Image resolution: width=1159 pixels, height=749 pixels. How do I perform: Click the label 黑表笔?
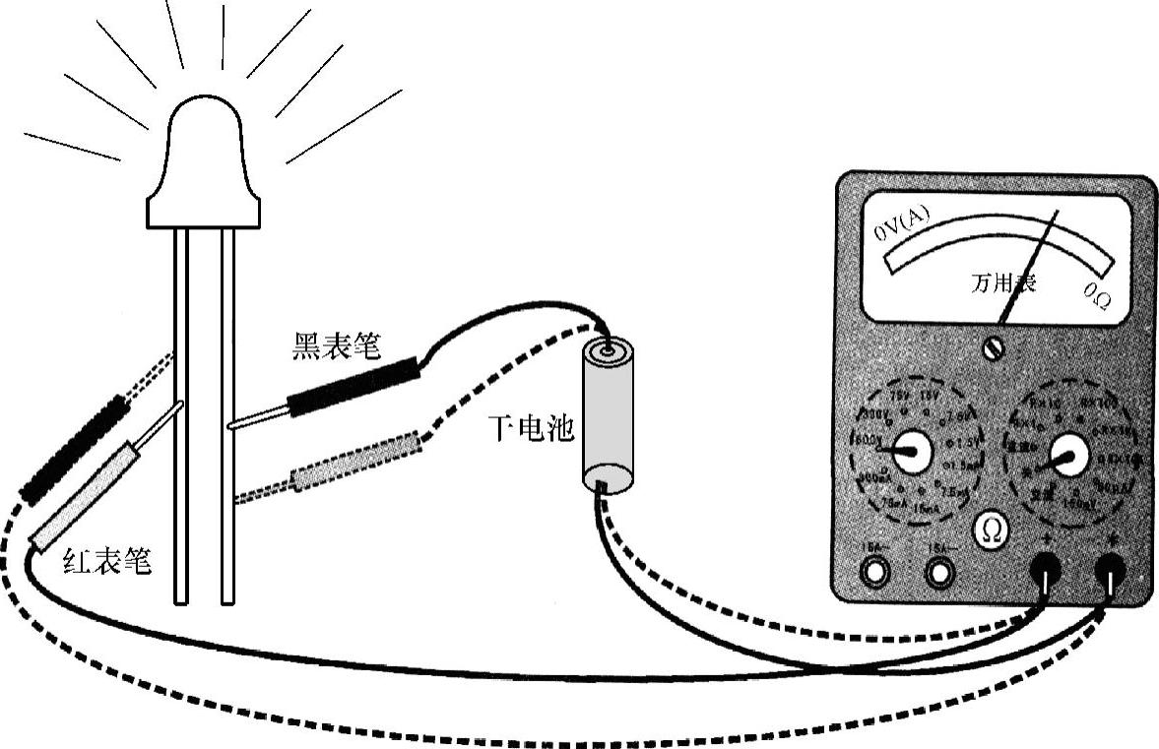pyautogui.click(x=336, y=346)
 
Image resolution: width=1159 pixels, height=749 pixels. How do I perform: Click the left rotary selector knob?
pyautogui.click(x=912, y=452)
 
